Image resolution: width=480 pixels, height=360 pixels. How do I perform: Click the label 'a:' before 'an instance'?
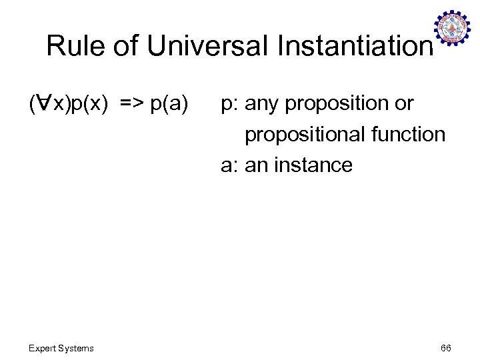230,165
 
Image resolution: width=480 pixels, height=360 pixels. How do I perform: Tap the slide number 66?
446,348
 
